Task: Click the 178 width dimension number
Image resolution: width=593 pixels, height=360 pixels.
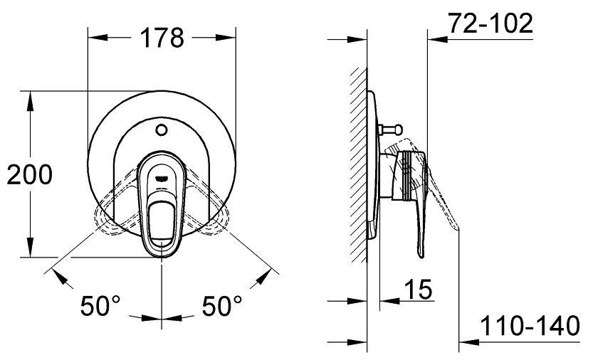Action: tap(162, 38)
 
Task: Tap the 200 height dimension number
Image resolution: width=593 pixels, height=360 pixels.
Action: tap(29, 174)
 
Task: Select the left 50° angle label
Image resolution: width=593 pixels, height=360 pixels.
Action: tap(100, 305)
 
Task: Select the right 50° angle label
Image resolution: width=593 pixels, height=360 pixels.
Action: tap(221, 305)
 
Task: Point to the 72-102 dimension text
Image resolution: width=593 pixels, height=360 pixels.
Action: tap(490, 23)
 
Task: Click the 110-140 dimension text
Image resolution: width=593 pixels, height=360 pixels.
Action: tap(530, 325)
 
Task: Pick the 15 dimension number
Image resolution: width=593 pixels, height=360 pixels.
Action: tap(418, 290)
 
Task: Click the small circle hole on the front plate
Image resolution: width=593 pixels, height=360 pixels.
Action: tap(162, 130)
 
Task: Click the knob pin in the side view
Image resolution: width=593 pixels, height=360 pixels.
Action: tap(392, 129)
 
